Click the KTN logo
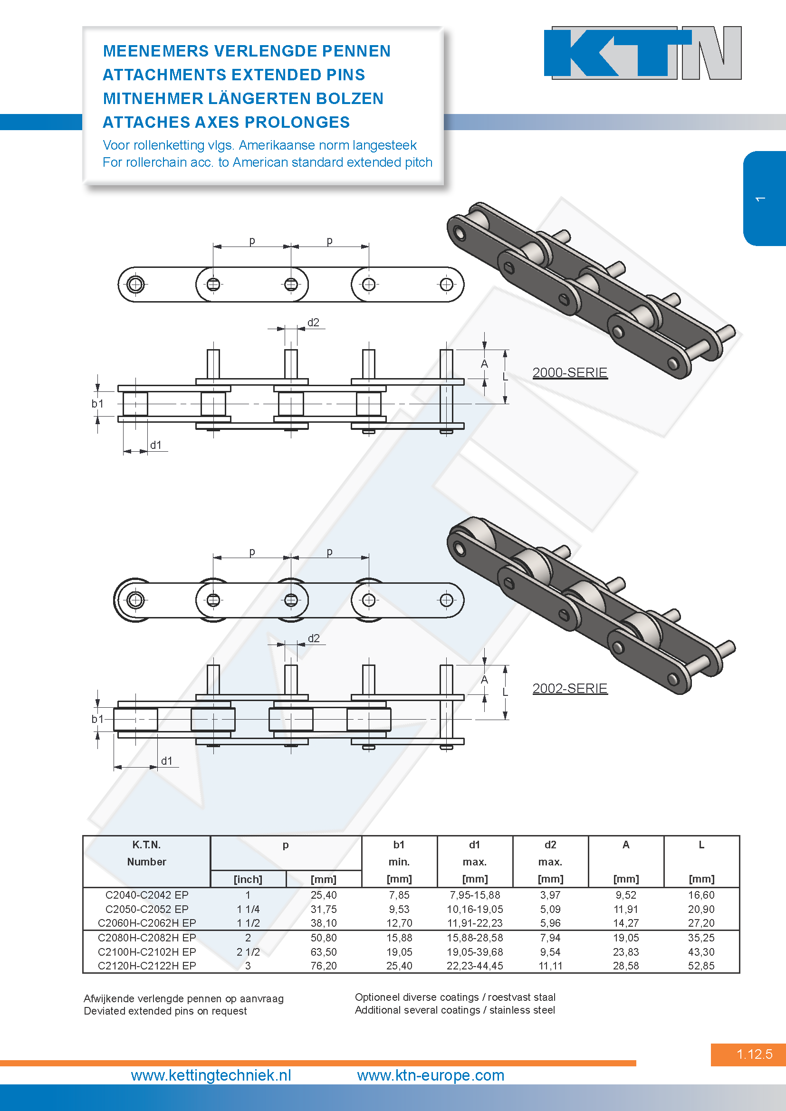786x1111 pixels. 642,53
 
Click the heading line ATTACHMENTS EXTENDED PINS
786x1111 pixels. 234,75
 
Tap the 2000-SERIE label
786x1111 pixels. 570,372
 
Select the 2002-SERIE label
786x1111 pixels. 570,688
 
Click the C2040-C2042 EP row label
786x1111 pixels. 147,895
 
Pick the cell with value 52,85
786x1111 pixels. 701,965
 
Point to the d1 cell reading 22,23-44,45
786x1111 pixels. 474,965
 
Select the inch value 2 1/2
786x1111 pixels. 248,951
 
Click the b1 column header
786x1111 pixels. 399,845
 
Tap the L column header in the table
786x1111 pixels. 701,845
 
